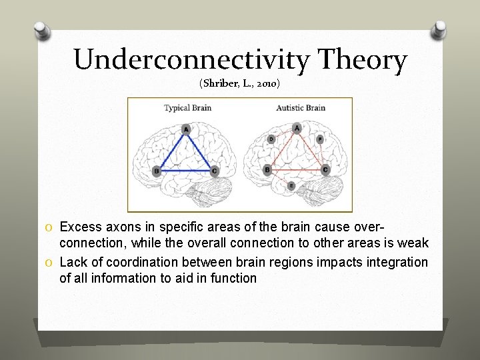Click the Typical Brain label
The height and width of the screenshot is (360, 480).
tap(187, 107)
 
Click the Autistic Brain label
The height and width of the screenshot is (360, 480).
tap(301, 107)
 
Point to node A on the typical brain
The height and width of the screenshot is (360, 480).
tap(186, 129)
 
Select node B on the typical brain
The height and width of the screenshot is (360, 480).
tap(156, 171)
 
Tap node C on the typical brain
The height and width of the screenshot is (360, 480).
tap(214, 171)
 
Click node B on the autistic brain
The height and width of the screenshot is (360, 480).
tap(267, 170)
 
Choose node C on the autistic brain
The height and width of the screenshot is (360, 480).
tap(325, 170)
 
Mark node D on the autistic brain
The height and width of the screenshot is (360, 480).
tap(271, 139)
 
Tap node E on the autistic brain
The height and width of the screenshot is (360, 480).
tap(291, 186)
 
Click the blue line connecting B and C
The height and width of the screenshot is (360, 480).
tap(185, 171)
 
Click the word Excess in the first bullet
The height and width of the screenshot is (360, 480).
tap(79, 228)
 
